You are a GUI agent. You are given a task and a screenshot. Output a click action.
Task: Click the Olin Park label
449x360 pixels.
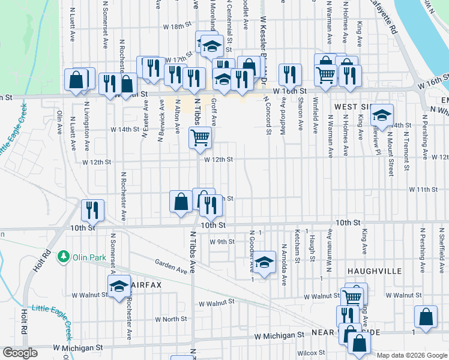(89, 257)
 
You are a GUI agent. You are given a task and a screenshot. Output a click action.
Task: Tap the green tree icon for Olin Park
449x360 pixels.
(63, 257)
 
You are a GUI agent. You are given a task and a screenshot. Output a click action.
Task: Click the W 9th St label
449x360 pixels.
(221, 241)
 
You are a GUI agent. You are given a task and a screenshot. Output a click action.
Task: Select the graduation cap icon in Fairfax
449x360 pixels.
(119, 286)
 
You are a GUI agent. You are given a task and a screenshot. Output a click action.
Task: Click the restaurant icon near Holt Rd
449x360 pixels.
(92, 210)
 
